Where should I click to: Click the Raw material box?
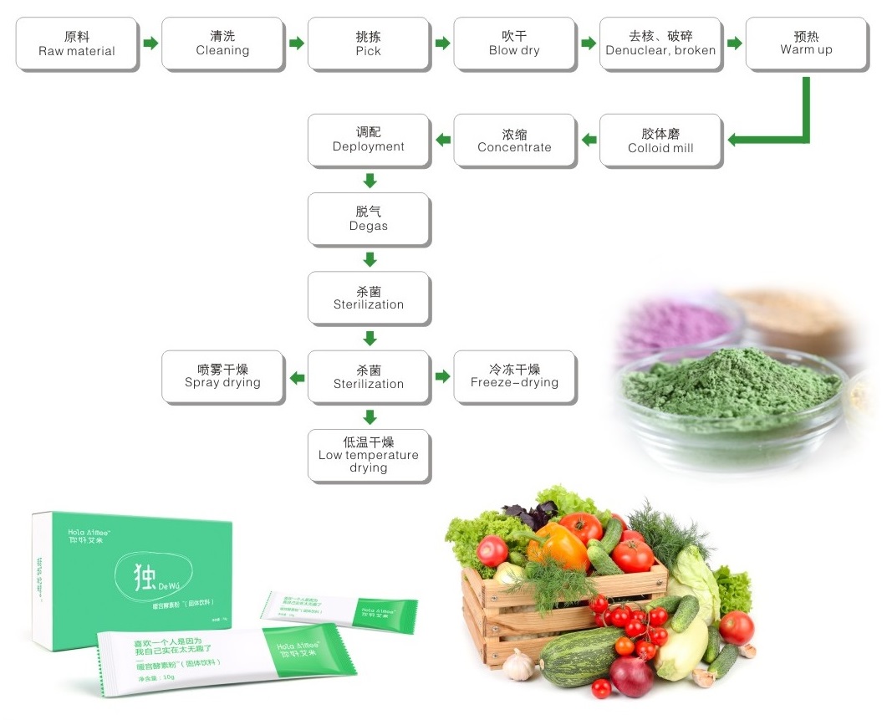77,43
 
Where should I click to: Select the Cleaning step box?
222,43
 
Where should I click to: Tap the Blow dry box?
514,43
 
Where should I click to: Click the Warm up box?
806,43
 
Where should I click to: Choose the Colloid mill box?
660,140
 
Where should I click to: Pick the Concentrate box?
514,140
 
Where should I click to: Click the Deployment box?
368,140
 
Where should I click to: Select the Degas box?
368,219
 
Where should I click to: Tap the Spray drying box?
222,376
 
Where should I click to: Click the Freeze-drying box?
514,376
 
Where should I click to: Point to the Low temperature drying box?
368,455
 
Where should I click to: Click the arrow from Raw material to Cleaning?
150,43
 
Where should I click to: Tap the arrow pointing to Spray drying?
297,377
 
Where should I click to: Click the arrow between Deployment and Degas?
370,180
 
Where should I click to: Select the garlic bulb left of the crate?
519,666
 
